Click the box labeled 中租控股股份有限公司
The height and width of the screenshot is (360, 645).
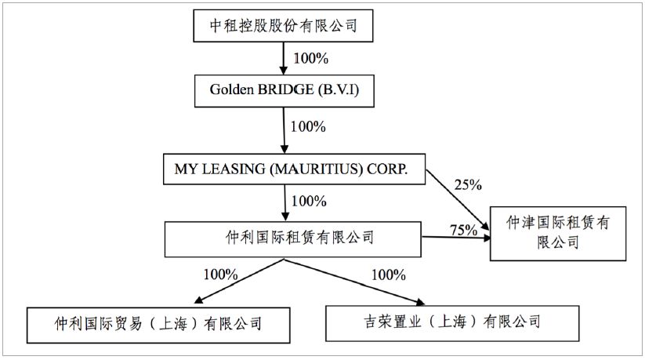(284, 27)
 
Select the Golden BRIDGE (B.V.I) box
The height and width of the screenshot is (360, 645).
(283, 90)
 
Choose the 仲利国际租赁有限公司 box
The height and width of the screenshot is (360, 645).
(293, 238)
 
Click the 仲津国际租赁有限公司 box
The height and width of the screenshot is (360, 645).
(558, 233)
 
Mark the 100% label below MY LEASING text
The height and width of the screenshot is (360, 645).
(309, 201)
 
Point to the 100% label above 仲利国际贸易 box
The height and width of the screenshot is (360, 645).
(220, 275)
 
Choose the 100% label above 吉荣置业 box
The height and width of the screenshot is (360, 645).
(388, 275)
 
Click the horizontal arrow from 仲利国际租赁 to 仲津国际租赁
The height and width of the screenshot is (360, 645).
(455, 237)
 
